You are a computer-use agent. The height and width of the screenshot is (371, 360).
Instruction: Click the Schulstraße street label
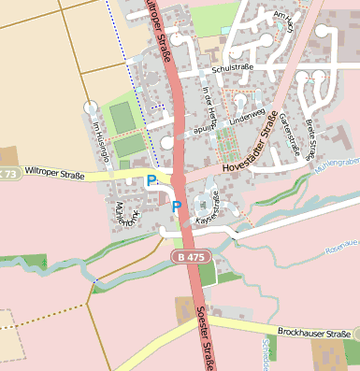233,69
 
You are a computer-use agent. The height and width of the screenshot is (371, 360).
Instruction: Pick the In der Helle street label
209,104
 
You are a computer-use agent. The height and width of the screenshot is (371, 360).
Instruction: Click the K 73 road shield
7,174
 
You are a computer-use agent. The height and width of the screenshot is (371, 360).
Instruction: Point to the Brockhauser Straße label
314,332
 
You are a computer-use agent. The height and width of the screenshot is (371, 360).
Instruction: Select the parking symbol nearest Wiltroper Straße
151,180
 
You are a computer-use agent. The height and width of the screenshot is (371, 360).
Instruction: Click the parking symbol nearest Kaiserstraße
175,206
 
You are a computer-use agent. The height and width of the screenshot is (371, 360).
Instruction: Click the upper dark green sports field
122,117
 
